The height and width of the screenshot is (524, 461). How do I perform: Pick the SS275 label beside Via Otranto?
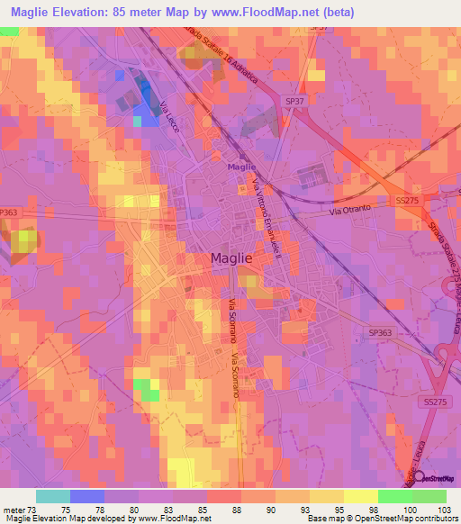click(x=407, y=201)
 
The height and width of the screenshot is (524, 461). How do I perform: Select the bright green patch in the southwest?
click(x=146, y=389)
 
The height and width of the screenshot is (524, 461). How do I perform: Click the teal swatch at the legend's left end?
click(x=53, y=496)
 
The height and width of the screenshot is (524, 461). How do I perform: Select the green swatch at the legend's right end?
click(x=429, y=496)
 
